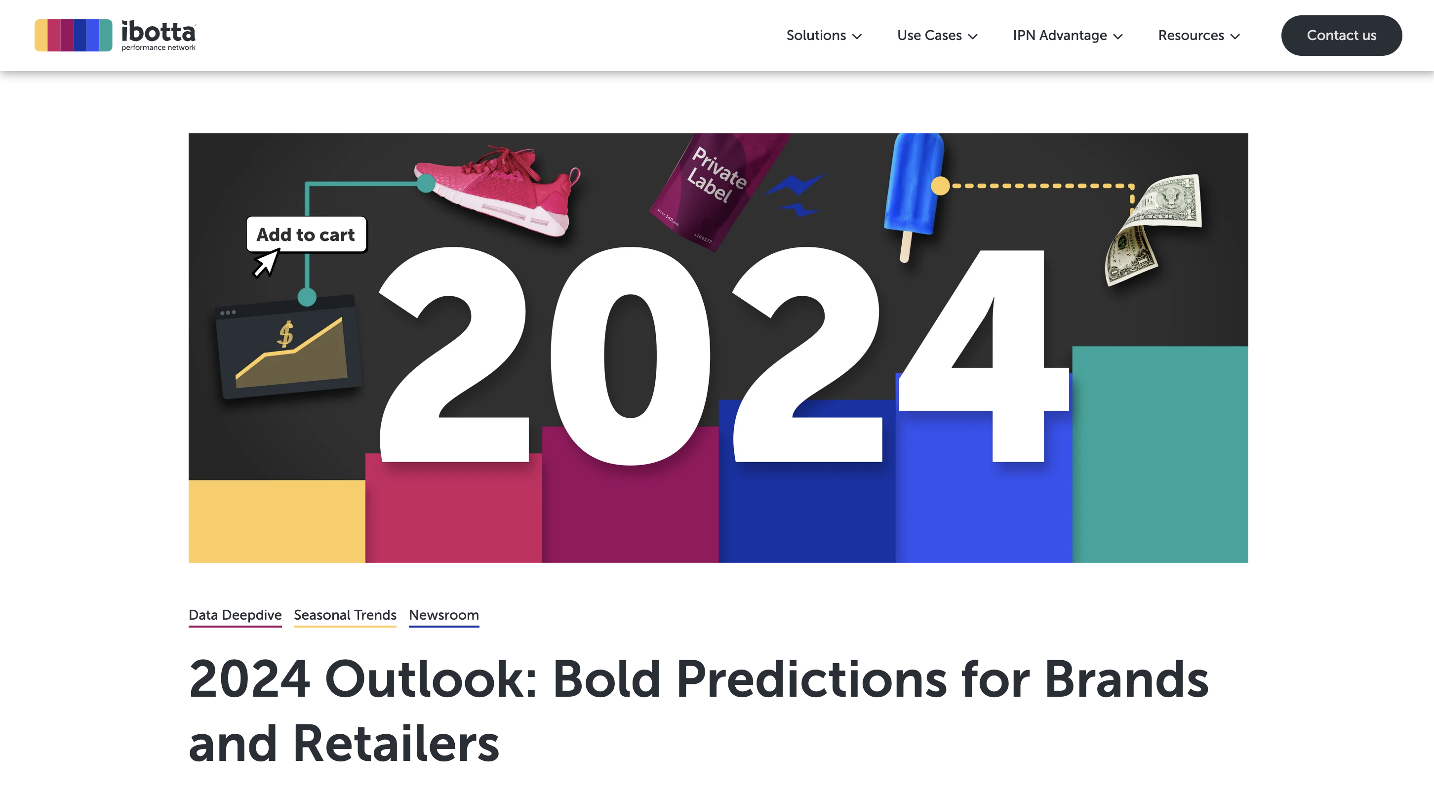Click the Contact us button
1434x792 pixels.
tap(1341, 35)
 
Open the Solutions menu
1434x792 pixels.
tap(824, 36)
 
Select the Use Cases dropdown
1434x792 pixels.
tap(937, 36)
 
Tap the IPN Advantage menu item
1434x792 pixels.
tap(1068, 36)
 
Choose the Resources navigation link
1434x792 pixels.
tap(1198, 36)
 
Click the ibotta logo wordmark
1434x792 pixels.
tap(159, 35)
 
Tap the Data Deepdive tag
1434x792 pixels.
tap(235, 615)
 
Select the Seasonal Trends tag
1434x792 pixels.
tap(345, 615)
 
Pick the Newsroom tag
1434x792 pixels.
tap(443, 615)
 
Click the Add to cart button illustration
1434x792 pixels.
tap(306, 235)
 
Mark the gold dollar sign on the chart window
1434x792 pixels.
tap(285, 334)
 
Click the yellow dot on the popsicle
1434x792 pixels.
tap(940, 185)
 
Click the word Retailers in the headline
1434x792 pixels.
tap(396, 744)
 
